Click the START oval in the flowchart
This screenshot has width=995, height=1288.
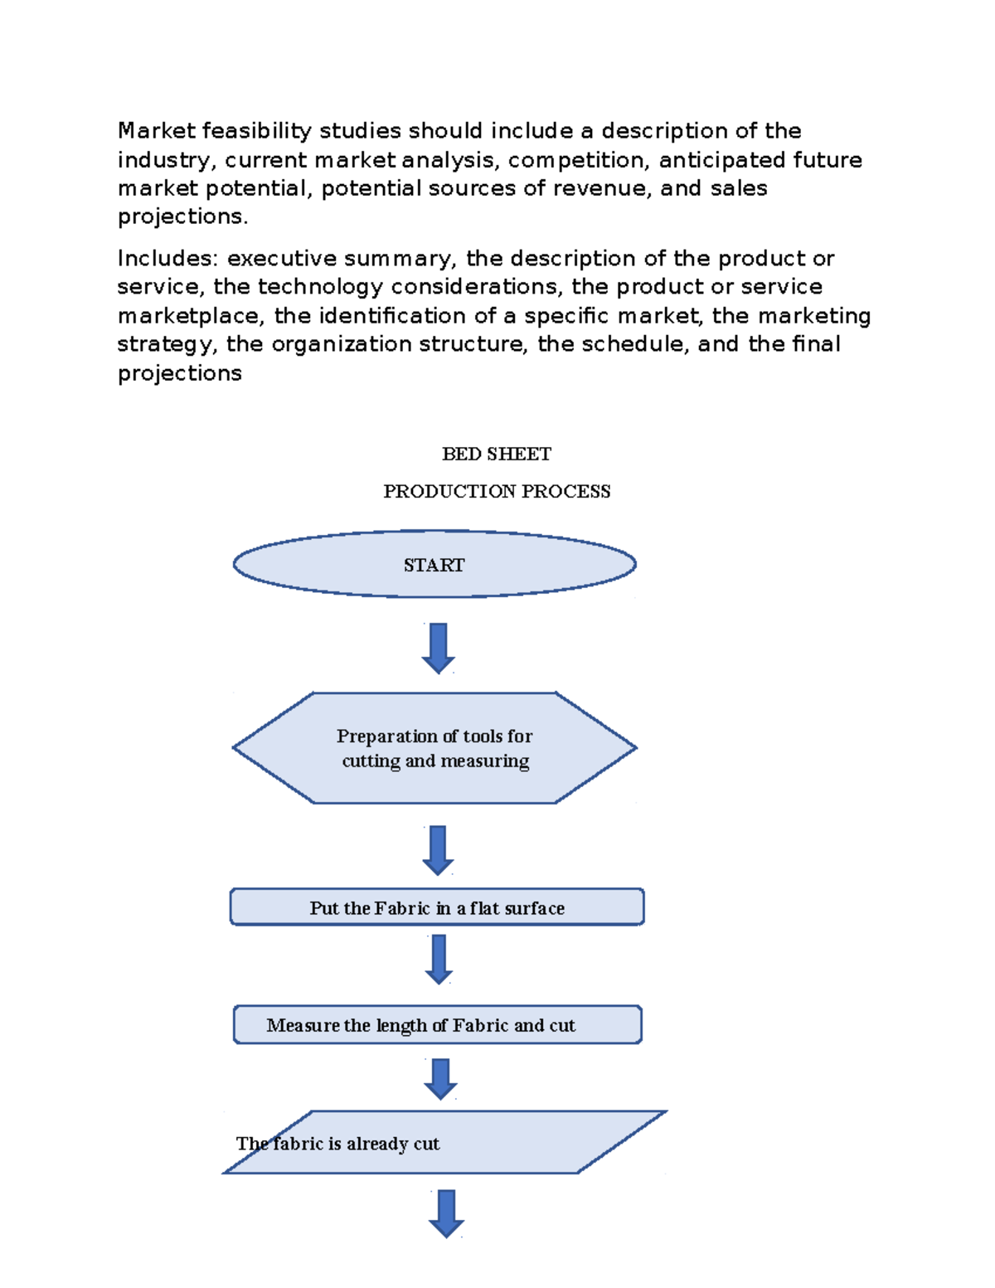[x=434, y=565]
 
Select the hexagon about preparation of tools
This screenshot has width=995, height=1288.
[x=434, y=748]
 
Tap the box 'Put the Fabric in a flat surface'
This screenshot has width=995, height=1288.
[x=437, y=907]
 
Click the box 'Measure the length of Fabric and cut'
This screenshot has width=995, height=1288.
[x=437, y=1025]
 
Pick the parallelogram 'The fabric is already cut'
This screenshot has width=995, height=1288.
[x=444, y=1143]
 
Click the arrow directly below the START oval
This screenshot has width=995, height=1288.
[x=439, y=648]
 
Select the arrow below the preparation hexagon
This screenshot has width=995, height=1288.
[x=438, y=850]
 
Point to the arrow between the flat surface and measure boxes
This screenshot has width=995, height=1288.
[x=439, y=959]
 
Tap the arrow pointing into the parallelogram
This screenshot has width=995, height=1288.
[x=440, y=1078]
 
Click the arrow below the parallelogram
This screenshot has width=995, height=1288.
[x=446, y=1213]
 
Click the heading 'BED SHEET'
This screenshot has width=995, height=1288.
[x=497, y=454]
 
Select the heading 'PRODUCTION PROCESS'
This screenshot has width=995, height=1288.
[x=497, y=491]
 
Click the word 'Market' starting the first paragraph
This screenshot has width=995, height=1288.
[x=156, y=131]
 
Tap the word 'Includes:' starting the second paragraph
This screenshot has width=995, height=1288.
[x=168, y=259]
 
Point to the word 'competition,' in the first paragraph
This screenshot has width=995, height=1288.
[x=578, y=160]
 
